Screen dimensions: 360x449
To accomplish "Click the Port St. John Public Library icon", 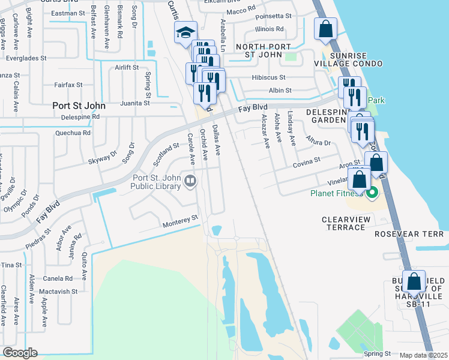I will point(190,180).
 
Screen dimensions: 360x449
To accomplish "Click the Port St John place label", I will point(79,106).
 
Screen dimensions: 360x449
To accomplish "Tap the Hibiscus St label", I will point(271,77).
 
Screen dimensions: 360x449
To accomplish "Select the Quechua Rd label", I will point(73,133).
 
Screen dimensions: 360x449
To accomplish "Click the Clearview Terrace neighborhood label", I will point(351,220).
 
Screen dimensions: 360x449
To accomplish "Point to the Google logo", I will point(20,353).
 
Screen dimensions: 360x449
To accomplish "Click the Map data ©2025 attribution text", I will point(423,355).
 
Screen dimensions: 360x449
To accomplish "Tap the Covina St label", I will point(307,163).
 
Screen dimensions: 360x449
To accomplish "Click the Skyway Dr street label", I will point(103,158).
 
